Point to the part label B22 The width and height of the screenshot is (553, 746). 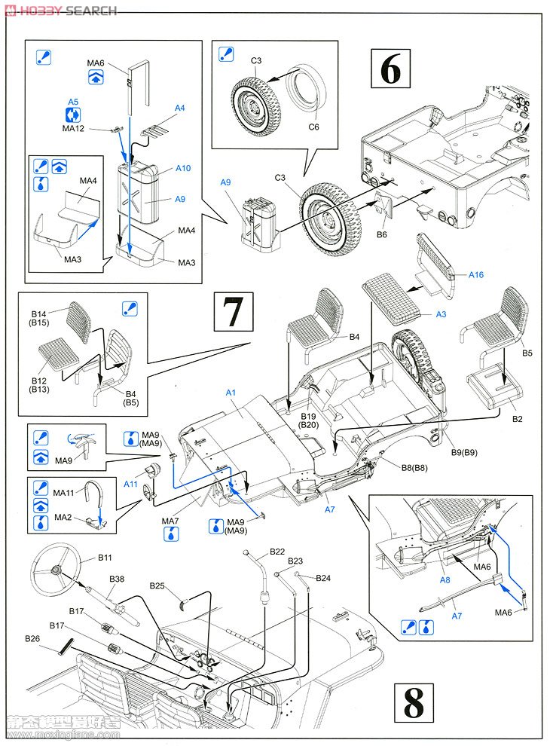pos(276,552)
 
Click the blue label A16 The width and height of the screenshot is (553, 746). pos(475,275)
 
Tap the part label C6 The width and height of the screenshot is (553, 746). pos(314,127)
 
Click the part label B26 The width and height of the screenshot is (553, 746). pos(32,639)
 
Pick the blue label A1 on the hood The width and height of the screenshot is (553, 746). pos(231,393)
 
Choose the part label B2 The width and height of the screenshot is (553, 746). pos(518,418)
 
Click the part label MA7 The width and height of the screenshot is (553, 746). pos(171,521)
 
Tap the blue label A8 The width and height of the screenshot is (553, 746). pos(445,580)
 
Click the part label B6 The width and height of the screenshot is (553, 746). pos(381,234)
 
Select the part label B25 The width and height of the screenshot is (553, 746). pos(157,585)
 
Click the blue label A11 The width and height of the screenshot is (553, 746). pos(130,485)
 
